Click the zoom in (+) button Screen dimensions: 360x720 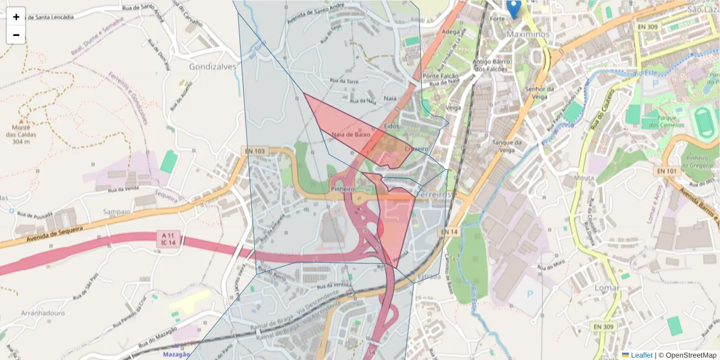16,17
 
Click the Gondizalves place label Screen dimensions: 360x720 212,67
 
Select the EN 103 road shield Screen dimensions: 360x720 254,151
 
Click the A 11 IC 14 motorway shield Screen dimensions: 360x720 168,238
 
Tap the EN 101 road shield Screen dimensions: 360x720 667,171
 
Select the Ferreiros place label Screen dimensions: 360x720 436,196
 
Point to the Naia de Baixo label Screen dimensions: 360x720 347,135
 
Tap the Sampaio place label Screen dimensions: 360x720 116,212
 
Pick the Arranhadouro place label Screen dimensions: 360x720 43,314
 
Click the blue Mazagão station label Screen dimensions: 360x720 176,355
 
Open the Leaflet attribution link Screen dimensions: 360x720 641,355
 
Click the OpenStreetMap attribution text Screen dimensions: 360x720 691,355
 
